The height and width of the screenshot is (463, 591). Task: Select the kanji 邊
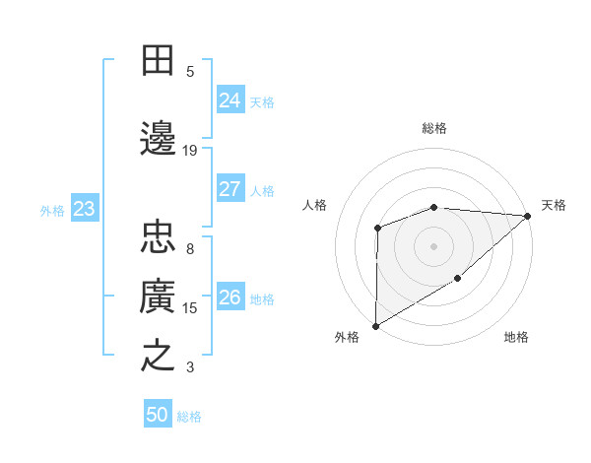pyautogui.click(x=159, y=137)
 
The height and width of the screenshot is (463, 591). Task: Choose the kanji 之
pyautogui.click(x=159, y=356)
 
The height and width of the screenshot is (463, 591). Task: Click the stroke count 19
pyautogui.click(x=190, y=150)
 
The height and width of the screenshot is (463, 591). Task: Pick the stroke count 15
pyautogui.click(x=190, y=308)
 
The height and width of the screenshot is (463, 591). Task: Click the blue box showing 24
pyautogui.click(x=230, y=100)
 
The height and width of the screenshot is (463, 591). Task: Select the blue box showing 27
pyautogui.click(x=230, y=189)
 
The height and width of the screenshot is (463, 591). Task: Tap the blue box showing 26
pyautogui.click(x=230, y=298)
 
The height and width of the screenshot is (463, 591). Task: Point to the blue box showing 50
pyautogui.click(x=158, y=415)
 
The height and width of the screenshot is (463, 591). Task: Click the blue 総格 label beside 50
pyautogui.click(x=189, y=417)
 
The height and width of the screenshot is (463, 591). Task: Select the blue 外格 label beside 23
pyautogui.click(x=52, y=210)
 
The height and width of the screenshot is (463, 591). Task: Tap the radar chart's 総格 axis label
pyautogui.click(x=434, y=128)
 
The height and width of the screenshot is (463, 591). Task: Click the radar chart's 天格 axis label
pyautogui.click(x=554, y=205)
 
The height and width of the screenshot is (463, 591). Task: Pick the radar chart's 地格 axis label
pyautogui.click(x=516, y=337)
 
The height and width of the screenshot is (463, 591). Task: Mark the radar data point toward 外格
pyautogui.click(x=375, y=325)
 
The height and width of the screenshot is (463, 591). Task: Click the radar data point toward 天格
pyautogui.click(x=528, y=216)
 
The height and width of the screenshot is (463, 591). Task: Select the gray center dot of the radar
pyautogui.click(x=433, y=245)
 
